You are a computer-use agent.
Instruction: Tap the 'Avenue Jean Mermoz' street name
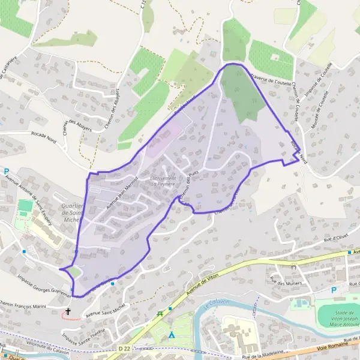[122, 191]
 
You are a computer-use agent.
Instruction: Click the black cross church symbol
[68, 312]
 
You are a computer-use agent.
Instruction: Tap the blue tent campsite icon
[172, 334]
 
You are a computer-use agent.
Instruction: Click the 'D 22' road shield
[124, 348]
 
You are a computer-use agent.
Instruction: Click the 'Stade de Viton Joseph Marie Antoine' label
[340, 315]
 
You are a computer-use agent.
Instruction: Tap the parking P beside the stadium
[334, 290]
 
